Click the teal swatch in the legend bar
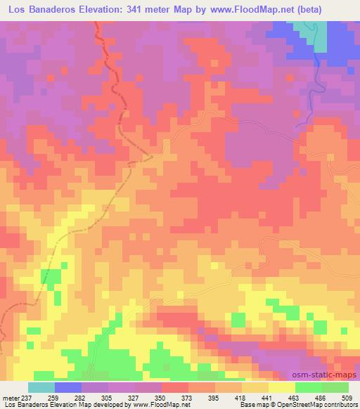coord(41,387)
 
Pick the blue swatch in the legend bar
coord(68,387)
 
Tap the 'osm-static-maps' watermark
coord(329,372)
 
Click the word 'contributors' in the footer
coord(335,405)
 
